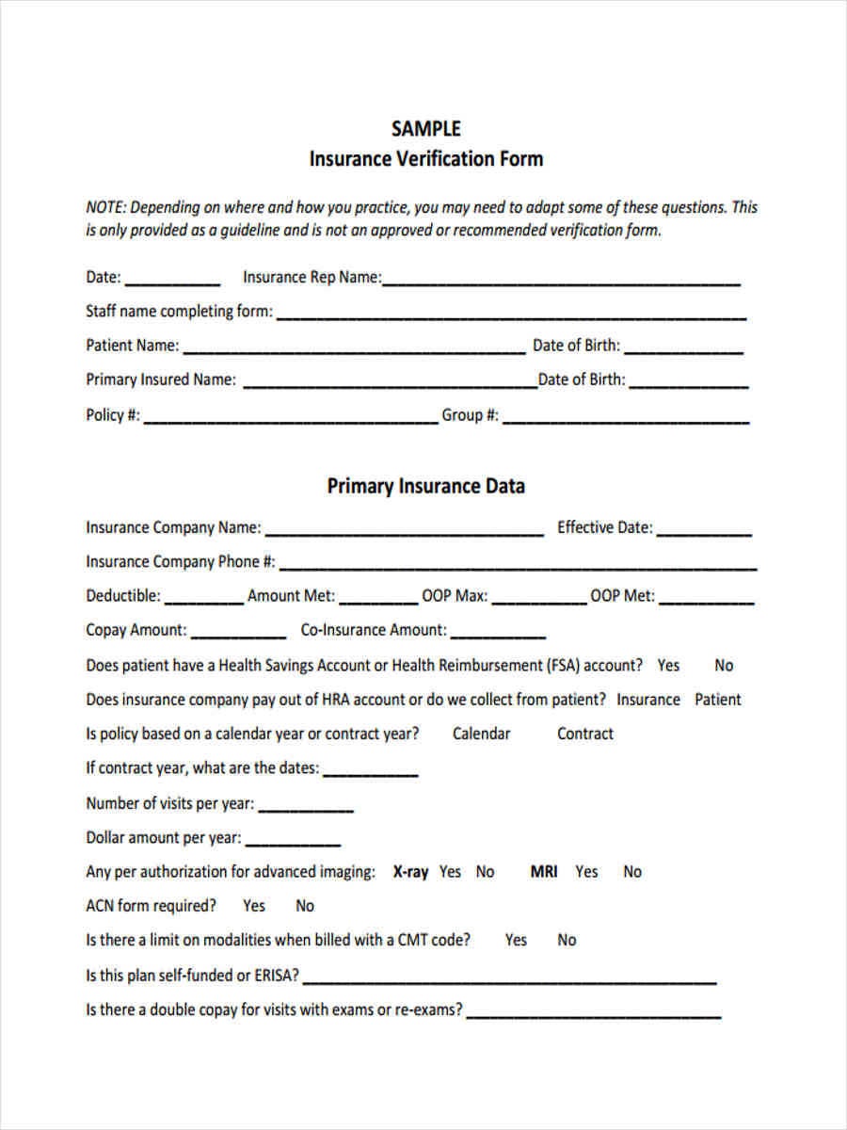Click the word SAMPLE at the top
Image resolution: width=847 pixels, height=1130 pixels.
(425, 129)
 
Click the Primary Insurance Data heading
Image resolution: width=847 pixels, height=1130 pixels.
(425, 487)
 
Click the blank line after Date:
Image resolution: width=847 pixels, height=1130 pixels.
(172, 281)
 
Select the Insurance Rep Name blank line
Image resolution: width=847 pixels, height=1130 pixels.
(561, 281)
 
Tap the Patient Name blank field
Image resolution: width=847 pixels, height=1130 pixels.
(354, 348)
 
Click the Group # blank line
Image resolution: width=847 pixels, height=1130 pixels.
(626, 418)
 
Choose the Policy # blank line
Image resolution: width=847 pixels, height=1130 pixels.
(290, 418)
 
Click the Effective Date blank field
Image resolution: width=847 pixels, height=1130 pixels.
(704, 531)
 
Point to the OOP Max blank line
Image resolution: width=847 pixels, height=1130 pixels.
(538, 600)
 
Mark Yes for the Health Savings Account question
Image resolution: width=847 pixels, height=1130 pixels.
(668, 666)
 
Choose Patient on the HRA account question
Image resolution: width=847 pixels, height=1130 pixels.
(717, 700)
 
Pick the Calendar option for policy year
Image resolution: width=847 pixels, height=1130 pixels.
(481, 734)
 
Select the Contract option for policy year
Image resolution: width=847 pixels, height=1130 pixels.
(584, 734)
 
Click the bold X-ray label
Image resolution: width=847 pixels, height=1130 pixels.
(410, 872)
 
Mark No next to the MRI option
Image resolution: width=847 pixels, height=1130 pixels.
(632, 872)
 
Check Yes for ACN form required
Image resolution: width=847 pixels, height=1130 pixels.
(254, 906)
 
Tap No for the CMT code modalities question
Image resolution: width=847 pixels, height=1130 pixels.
(567, 940)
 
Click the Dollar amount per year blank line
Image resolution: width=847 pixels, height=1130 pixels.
(293, 841)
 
